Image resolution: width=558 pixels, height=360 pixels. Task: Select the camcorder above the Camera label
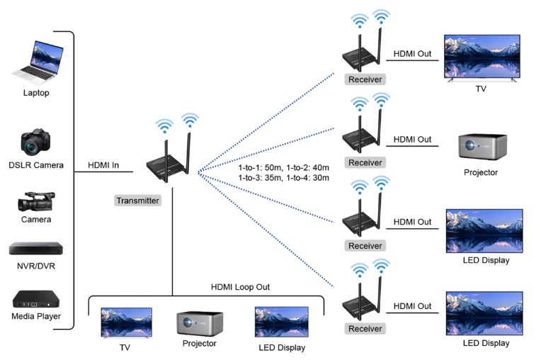click(36, 201)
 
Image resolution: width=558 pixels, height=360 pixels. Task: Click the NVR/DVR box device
click(35, 249)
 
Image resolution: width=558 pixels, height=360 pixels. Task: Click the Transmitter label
click(137, 201)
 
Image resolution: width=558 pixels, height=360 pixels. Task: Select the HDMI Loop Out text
click(240, 287)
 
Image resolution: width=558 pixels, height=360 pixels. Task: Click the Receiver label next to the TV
click(365, 79)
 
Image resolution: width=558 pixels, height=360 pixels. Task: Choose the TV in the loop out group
click(126, 322)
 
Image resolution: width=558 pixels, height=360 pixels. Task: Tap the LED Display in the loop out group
click(281, 323)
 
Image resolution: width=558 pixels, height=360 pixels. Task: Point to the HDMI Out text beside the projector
click(412, 139)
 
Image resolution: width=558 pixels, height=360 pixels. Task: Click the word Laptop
click(36, 93)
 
